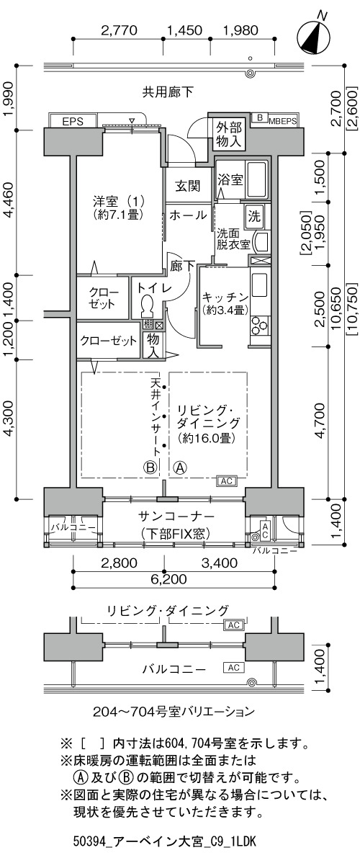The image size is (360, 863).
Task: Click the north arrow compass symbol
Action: pos(312,37)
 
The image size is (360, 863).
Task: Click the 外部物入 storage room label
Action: pos(228,135)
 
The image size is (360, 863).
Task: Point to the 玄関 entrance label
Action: pos(187,186)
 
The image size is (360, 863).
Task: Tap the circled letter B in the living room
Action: pos(150,469)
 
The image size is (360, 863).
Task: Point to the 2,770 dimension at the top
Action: pos(118,30)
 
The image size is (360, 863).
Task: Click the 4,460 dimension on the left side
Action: pos(9,202)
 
